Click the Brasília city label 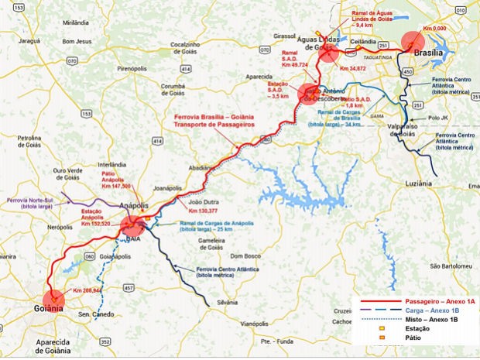click(x=428, y=53)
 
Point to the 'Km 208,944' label click(x=87, y=290)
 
